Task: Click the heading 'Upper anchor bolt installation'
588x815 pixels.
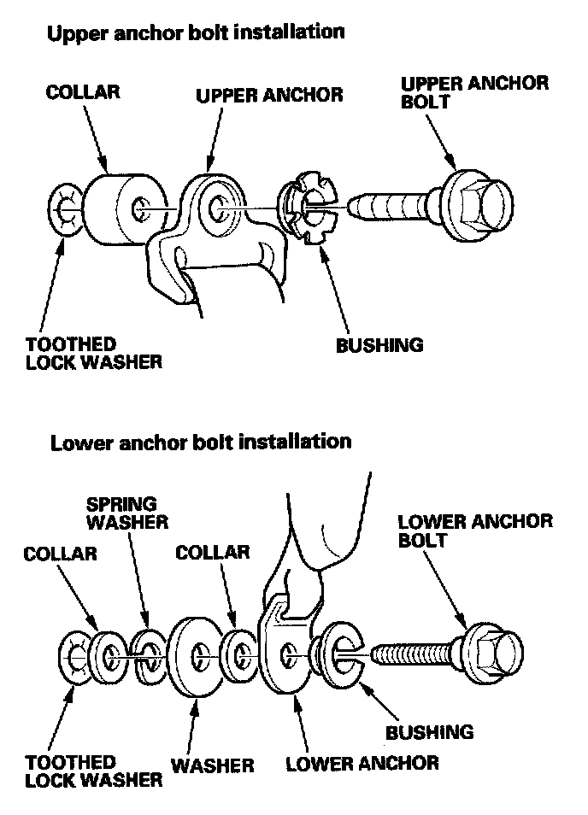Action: (x=197, y=33)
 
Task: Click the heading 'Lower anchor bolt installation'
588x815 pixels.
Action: (x=201, y=442)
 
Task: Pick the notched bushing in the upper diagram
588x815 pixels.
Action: (x=307, y=209)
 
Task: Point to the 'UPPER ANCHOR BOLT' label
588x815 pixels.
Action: (x=474, y=94)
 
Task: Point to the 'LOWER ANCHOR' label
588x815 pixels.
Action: (x=362, y=763)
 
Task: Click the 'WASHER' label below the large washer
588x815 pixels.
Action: (x=213, y=765)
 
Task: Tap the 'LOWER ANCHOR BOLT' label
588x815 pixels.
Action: (x=475, y=531)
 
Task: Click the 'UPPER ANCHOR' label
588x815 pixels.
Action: (x=269, y=94)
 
